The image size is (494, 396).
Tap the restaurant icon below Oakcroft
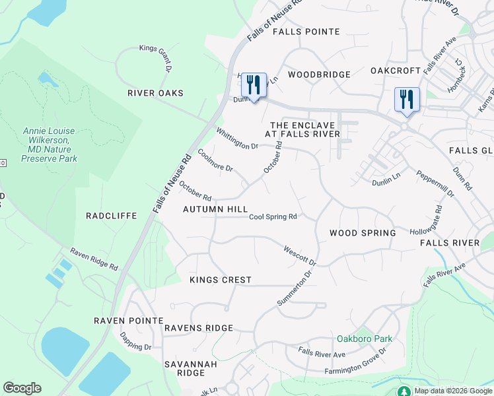pyautogui.click(x=406, y=100)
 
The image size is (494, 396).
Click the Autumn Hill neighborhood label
pyautogui.click(x=215, y=209)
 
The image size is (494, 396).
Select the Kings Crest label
pyautogui.click(x=221, y=280)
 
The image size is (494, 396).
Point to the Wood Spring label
pyautogui.click(x=363, y=233)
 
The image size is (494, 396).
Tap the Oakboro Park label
pyautogui.click(x=365, y=339)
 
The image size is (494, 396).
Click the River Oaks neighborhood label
pyautogui.click(x=155, y=93)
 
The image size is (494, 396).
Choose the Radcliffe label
pyautogui.click(x=112, y=216)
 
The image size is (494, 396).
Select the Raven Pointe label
pyautogui.click(x=128, y=320)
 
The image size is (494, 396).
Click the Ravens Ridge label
pyautogui.click(x=199, y=328)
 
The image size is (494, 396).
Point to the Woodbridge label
pyautogui.click(x=319, y=75)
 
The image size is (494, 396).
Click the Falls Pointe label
pyautogui.click(x=306, y=32)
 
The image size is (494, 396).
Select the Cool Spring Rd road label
pyautogui.click(x=273, y=216)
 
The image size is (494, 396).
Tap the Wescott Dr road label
pyautogui.click(x=300, y=256)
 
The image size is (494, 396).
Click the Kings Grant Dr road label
pyautogui.click(x=156, y=57)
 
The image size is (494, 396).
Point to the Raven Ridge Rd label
pyautogui.click(x=94, y=260)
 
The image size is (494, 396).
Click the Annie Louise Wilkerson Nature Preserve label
pyautogui.click(x=50, y=145)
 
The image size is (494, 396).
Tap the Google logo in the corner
pyautogui.click(x=22, y=388)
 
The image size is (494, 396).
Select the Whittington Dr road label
pyautogui.click(x=237, y=138)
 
